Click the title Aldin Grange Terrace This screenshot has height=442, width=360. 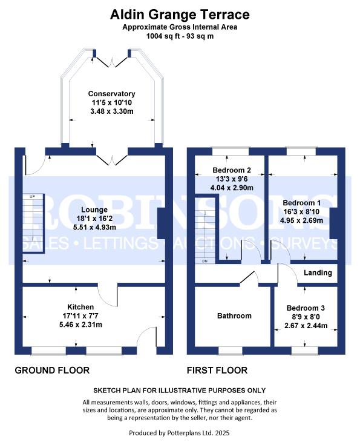click(180, 15)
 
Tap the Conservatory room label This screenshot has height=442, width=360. click(111, 94)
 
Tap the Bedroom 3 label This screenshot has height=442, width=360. click(306, 308)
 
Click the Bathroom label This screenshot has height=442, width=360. click(234, 315)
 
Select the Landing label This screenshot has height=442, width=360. click(318, 273)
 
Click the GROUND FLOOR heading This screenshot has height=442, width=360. click(52, 371)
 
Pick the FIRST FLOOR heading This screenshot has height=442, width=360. click(217, 371)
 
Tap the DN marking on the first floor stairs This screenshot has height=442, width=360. click(205, 261)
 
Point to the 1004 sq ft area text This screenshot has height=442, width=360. click(180, 36)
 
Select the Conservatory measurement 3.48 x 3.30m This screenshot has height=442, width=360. click(111, 112)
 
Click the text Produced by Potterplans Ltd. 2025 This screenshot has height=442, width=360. click(180, 432)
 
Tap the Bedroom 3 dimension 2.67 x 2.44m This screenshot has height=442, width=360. click(306, 325)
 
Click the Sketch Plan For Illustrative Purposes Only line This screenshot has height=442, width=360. click(180, 391)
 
